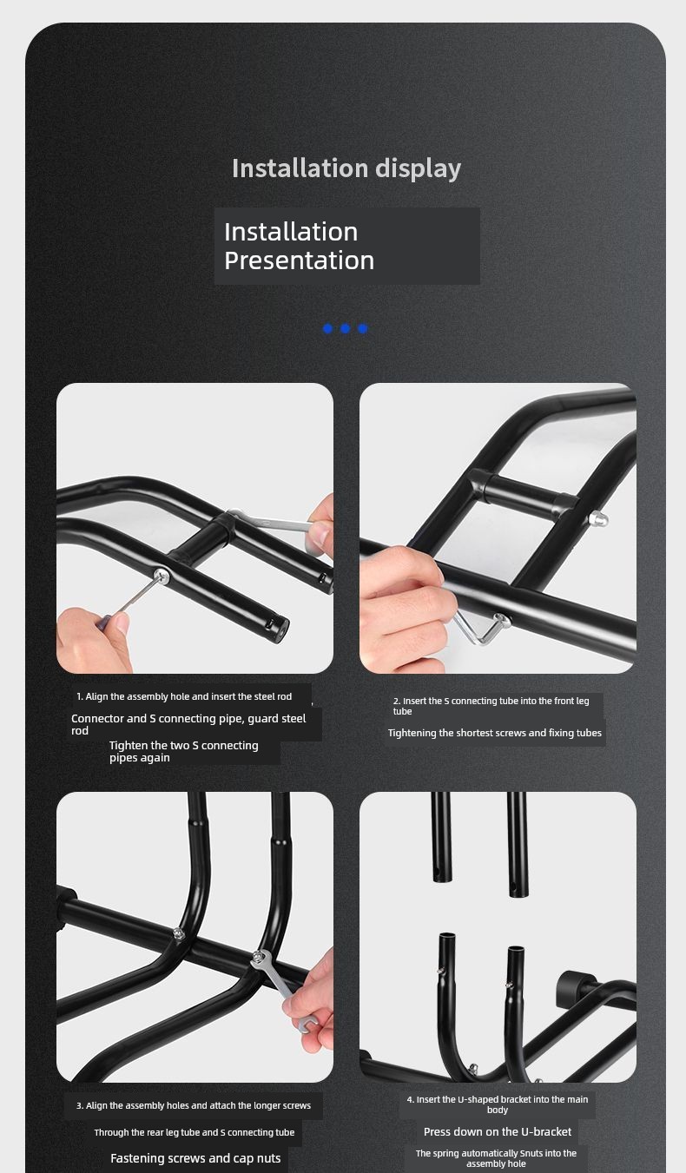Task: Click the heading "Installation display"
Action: [346, 168]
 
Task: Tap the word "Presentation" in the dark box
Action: [299, 260]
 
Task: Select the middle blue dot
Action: [345, 328]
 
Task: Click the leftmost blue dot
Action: [328, 328]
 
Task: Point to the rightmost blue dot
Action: [362, 328]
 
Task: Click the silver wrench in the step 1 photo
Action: [273, 522]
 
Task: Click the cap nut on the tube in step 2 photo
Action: [597, 519]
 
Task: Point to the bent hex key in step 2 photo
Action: [482, 629]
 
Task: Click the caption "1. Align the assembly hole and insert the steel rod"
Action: [184, 696]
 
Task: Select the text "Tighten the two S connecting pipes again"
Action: [184, 751]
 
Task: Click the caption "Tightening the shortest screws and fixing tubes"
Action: [495, 733]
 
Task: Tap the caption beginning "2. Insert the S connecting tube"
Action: [491, 706]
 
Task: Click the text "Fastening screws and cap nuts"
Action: [195, 1158]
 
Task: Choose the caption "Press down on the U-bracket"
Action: [498, 1131]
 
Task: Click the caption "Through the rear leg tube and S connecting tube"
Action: [195, 1132]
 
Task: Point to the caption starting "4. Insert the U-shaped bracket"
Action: [498, 1104]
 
